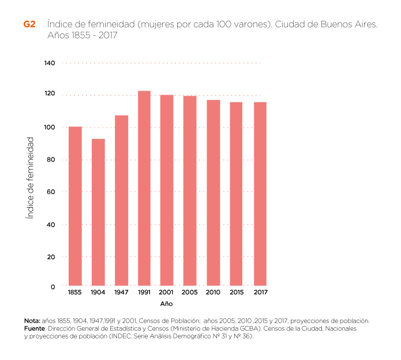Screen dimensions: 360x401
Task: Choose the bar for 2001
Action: [167, 190]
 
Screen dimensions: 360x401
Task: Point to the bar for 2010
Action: [213, 193]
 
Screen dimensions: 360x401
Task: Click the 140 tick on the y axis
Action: [50, 63]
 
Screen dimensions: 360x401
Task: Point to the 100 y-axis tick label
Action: [50, 127]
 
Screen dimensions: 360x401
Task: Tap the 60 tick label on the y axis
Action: [51, 192]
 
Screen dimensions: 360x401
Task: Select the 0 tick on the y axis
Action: [53, 287]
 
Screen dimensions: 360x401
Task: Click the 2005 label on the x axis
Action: [190, 293]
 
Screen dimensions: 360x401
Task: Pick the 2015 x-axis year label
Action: [237, 293]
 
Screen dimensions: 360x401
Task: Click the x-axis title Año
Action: [166, 303]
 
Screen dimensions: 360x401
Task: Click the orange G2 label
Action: [29, 25]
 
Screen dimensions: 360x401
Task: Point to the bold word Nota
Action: [32, 321]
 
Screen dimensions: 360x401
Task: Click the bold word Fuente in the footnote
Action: [34, 328]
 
